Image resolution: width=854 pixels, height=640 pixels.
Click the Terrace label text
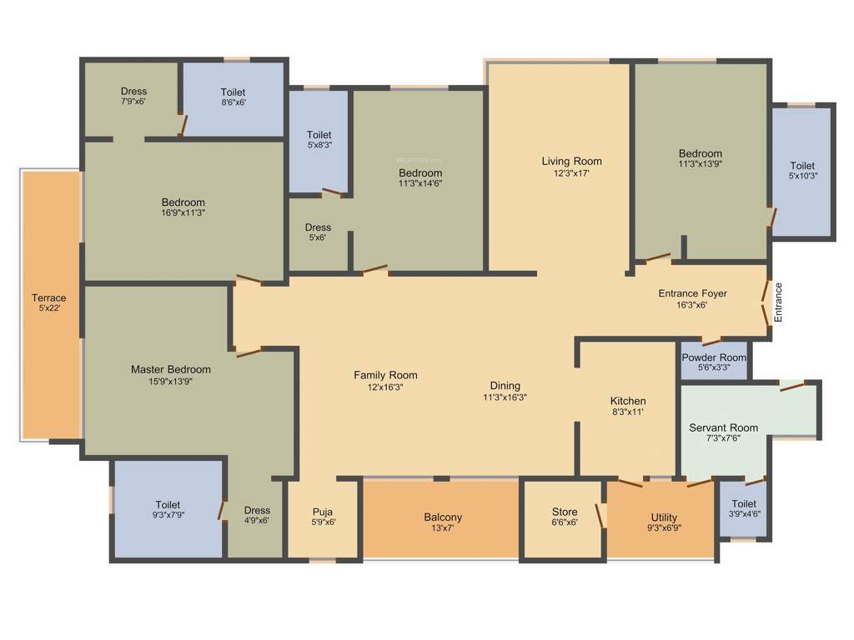pos(49,298)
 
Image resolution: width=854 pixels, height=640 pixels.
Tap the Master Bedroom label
pos(171,369)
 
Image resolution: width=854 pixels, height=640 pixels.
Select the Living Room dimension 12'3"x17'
pos(571,173)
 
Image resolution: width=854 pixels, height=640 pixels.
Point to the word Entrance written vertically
pos(778,302)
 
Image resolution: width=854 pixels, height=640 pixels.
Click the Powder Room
pos(714,362)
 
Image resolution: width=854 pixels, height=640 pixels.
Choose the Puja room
pos(323,517)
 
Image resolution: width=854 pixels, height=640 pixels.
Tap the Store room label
pos(565,512)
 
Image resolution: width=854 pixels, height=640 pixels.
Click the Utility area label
pos(664,517)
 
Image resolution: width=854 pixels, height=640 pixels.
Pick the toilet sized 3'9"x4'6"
pos(744,508)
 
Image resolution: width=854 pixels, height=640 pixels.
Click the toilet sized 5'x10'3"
pos(802,171)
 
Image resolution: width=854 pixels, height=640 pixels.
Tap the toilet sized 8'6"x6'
pos(234,97)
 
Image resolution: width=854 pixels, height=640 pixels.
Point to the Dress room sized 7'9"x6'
pos(133,96)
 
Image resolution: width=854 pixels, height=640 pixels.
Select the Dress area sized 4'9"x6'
pos(257,515)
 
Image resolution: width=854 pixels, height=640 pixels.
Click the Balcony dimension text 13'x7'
pos(443,528)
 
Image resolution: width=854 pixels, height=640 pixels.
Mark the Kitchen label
pos(627,401)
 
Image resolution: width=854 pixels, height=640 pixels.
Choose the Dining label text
pos(505,386)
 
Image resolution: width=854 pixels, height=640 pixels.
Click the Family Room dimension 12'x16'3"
pos(385,387)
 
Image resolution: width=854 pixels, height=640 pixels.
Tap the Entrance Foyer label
pos(692,293)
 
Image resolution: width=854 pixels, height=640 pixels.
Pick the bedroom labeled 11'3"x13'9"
pos(700,158)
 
